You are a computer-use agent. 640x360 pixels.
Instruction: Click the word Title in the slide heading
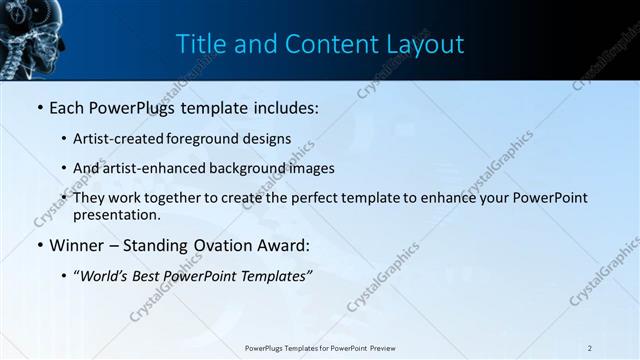tap(198, 44)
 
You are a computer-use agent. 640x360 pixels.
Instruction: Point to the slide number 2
tap(590, 348)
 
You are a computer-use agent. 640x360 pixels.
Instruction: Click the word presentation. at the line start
tap(117, 215)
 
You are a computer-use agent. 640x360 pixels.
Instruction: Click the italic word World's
tap(106, 275)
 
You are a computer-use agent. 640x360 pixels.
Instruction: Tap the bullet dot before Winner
tap(39, 245)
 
